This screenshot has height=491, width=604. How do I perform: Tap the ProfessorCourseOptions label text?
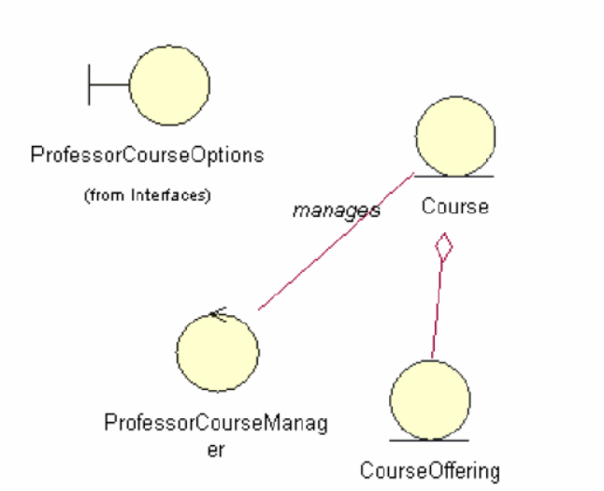click(x=147, y=155)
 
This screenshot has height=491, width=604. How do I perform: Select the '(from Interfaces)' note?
click(x=147, y=195)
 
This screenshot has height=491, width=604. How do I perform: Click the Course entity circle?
click(x=455, y=137)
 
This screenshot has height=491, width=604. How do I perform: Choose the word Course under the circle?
click(x=455, y=207)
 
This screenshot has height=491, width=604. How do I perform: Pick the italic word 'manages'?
click(x=336, y=209)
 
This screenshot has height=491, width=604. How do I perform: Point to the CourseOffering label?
click(x=430, y=469)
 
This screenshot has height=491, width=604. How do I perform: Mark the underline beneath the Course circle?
click(x=455, y=175)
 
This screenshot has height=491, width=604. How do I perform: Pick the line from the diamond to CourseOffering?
click(x=437, y=309)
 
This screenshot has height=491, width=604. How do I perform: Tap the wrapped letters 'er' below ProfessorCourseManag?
click(x=216, y=451)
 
